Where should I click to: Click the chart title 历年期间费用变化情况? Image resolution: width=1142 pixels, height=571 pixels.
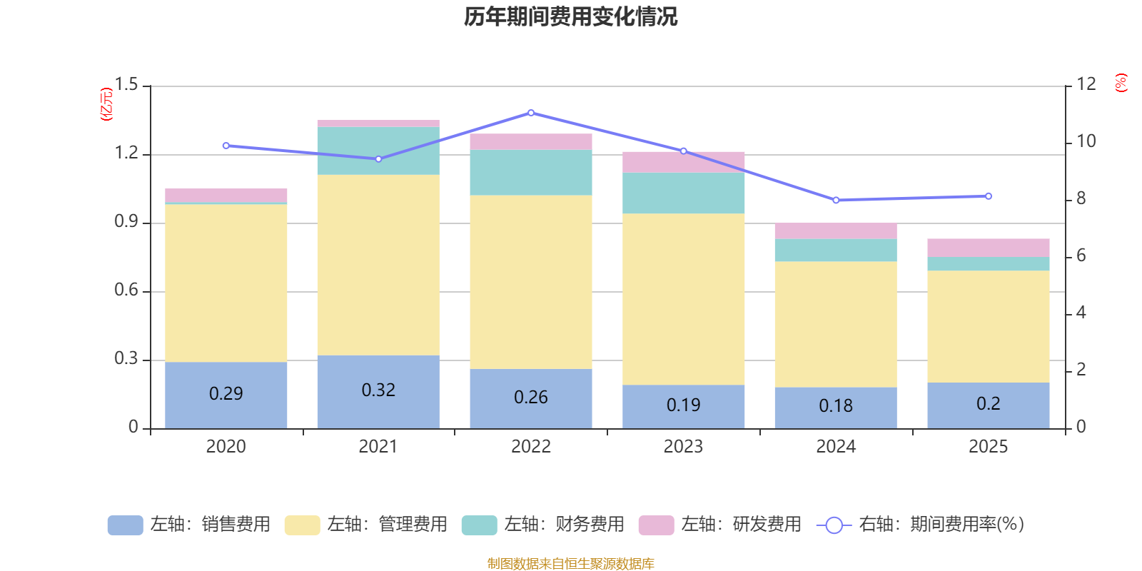tap(570, 16)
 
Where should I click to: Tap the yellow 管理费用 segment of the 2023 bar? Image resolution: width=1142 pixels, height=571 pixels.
tap(683, 299)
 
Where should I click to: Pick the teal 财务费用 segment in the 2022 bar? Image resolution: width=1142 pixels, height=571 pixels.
tap(531, 172)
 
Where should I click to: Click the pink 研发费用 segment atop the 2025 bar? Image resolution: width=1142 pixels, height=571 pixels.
tap(988, 247)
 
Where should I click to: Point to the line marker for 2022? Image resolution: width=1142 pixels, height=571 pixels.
tap(531, 113)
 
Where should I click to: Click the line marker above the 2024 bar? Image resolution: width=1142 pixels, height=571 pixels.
tap(836, 200)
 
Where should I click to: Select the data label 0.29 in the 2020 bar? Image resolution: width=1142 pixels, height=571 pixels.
tap(226, 393)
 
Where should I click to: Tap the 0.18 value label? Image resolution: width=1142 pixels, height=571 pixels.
tap(836, 405)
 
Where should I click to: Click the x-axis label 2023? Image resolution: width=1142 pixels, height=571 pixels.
tap(683, 447)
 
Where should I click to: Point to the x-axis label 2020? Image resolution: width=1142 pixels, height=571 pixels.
tap(226, 447)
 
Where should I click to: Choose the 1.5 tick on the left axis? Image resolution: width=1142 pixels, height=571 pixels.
tap(126, 85)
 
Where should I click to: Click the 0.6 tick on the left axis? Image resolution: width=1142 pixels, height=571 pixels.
tap(126, 290)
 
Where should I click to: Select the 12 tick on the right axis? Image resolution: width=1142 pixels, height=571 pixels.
tap(1086, 84)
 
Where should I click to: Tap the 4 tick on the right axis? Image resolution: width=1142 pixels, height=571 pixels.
tap(1081, 313)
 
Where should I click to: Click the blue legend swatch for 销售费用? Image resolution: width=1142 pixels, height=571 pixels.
tap(125, 525)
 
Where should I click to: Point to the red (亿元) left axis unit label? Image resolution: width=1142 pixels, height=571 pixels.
tap(106, 104)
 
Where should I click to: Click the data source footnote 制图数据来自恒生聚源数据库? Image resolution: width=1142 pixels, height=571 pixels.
tap(570, 564)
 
